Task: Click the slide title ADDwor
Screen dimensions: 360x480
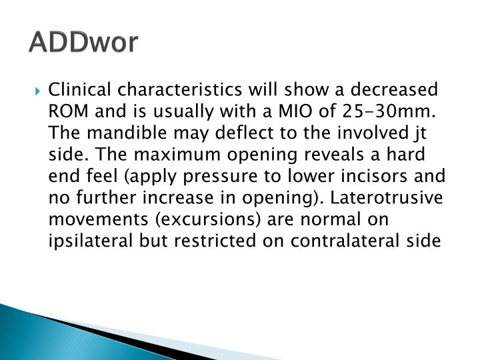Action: (x=84, y=42)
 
